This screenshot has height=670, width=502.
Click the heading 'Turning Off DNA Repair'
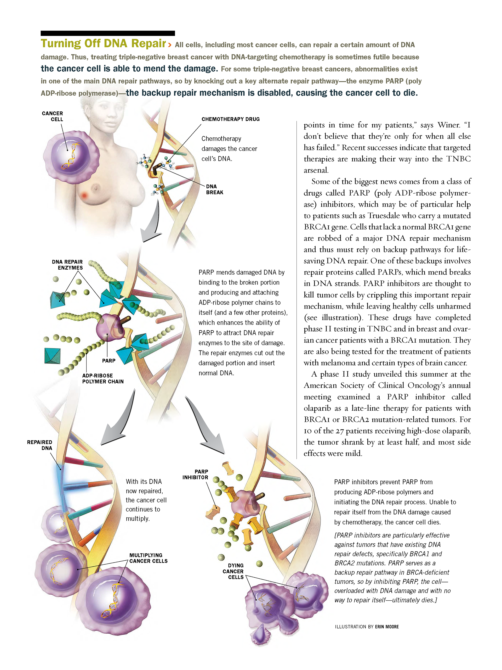[103, 44]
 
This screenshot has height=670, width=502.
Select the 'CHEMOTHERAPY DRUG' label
[230, 119]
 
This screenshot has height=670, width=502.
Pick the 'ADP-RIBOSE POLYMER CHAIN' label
[102, 378]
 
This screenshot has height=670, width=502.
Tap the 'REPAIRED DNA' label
[40, 445]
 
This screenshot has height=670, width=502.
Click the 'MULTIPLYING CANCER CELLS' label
[148, 558]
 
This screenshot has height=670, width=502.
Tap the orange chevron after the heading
[169, 45]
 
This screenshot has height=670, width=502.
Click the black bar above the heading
[107, 33]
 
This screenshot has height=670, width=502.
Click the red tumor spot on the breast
[84, 195]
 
